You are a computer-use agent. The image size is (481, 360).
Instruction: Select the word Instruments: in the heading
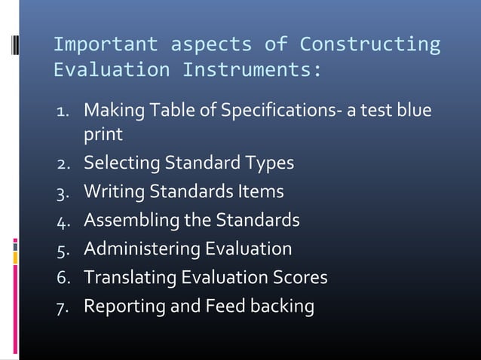[x=251, y=72]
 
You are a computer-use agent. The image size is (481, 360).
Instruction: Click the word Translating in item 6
[x=129, y=278]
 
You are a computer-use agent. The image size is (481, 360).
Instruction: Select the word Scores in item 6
[x=300, y=278]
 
